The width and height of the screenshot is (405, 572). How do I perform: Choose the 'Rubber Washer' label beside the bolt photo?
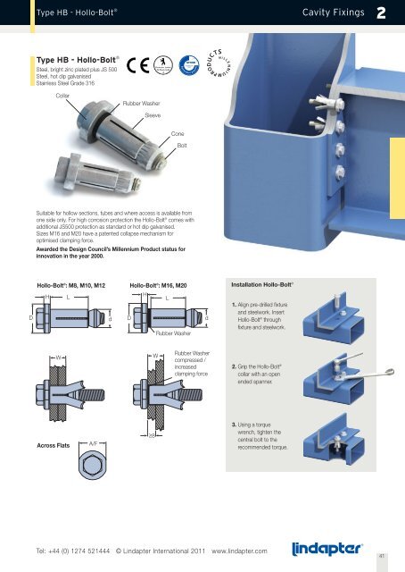click(x=139, y=105)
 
